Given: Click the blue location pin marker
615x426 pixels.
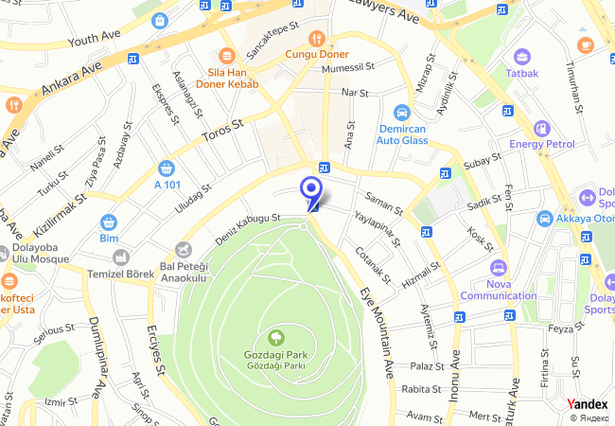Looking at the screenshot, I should pyautogui.click(x=310, y=188).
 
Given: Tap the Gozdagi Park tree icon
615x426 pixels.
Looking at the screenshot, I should pyautogui.click(x=275, y=336).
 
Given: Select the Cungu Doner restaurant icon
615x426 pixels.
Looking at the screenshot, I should pyautogui.click(x=317, y=40).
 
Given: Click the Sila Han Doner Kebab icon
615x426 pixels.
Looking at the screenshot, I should pyautogui.click(x=225, y=56).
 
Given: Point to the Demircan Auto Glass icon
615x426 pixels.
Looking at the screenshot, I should pyautogui.click(x=402, y=111).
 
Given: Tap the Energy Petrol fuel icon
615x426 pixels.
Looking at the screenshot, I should pyautogui.click(x=541, y=128).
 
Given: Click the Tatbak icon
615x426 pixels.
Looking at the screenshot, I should pyautogui.click(x=521, y=57).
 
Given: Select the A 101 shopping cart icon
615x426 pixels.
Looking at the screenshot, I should pyautogui.click(x=167, y=168).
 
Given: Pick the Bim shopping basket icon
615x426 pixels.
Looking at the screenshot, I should pyautogui.click(x=109, y=222).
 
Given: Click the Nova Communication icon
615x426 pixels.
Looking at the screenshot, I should pyautogui.click(x=498, y=268).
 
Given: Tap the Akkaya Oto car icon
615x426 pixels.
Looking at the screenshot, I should pyautogui.click(x=545, y=219).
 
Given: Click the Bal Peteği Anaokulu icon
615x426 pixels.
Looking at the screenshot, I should pyautogui.click(x=185, y=250).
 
